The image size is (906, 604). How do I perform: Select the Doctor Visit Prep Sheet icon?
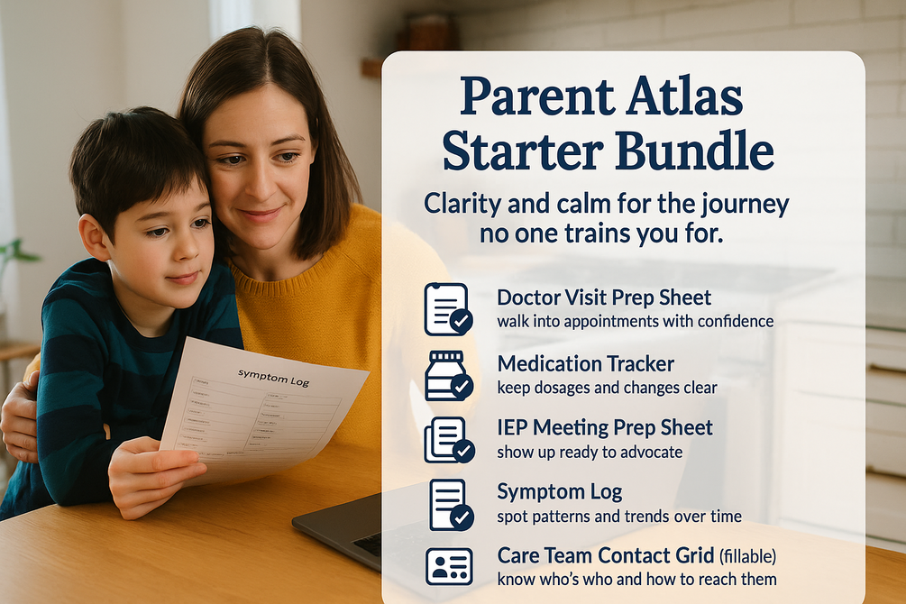448,308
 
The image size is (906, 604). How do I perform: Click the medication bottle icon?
448,375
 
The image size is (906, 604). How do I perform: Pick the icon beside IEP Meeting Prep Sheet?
448,439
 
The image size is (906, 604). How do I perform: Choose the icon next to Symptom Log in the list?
448,503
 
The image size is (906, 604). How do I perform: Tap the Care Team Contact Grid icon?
448,566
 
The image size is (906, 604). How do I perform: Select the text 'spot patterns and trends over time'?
619,517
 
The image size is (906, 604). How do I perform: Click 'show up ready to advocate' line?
590,452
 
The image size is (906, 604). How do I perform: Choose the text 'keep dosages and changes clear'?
607,388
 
